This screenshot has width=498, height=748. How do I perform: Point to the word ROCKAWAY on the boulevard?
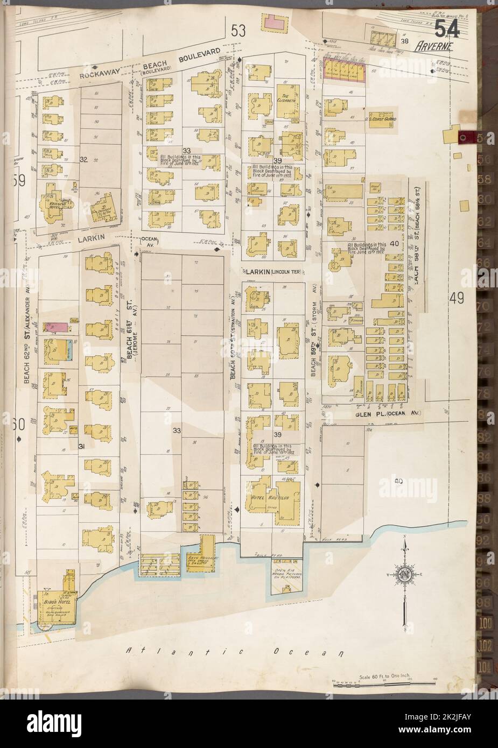point(99,75)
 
